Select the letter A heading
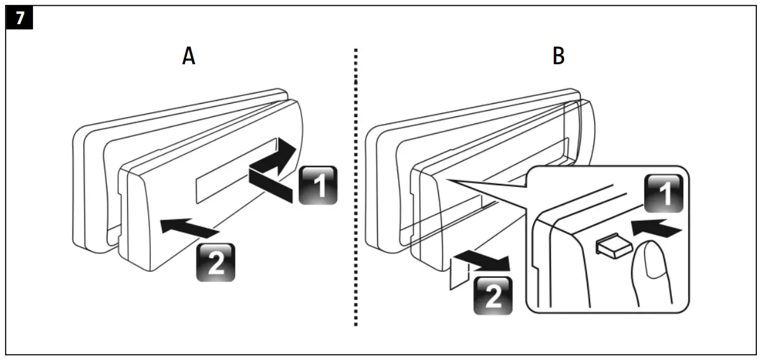click(188, 57)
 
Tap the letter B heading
click(558, 57)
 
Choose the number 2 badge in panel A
click(215, 263)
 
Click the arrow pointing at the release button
click(658, 228)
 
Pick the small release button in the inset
click(611, 245)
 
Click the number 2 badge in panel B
click(493, 296)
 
